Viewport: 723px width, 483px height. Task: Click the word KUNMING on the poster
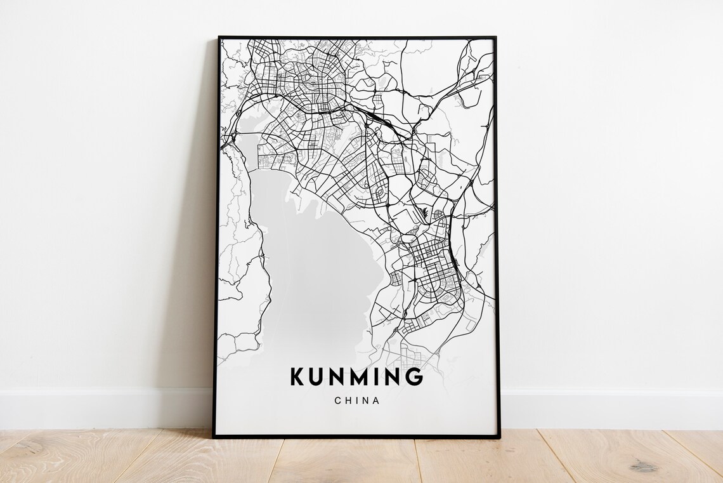click(x=356, y=376)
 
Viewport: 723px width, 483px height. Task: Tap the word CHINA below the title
click(x=356, y=400)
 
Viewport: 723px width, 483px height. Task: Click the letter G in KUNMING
click(x=414, y=376)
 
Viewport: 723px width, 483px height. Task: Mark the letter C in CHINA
click(x=336, y=400)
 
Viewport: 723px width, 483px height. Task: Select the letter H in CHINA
click(x=347, y=400)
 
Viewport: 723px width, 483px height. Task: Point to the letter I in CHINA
click(x=356, y=400)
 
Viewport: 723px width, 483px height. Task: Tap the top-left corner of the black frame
click(x=219, y=37)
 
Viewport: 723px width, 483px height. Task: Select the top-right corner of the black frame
click(x=495, y=37)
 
